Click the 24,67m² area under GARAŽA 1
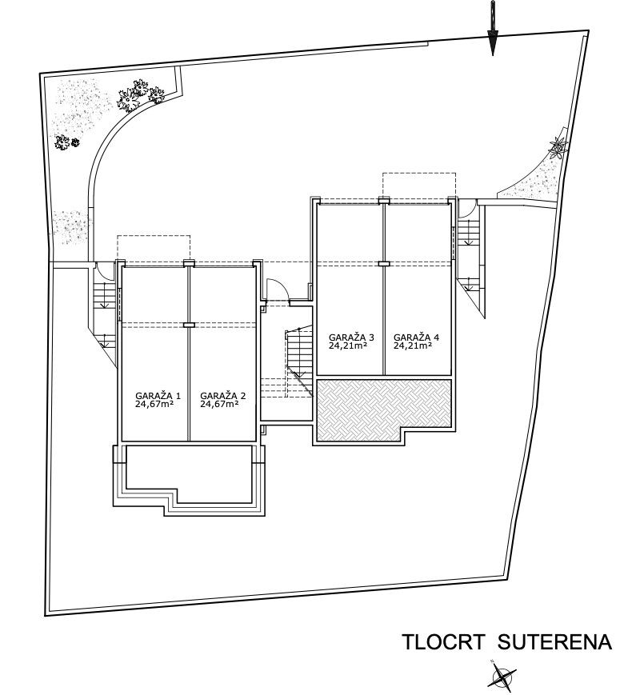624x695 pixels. pyautogui.click(x=155, y=405)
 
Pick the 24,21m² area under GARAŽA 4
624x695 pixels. pyautogui.click(x=413, y=346)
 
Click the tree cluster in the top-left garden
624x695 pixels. pyautogui.click(x=141, y=96)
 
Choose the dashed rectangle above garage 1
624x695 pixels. pyautogui.click(x=154, y=248)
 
